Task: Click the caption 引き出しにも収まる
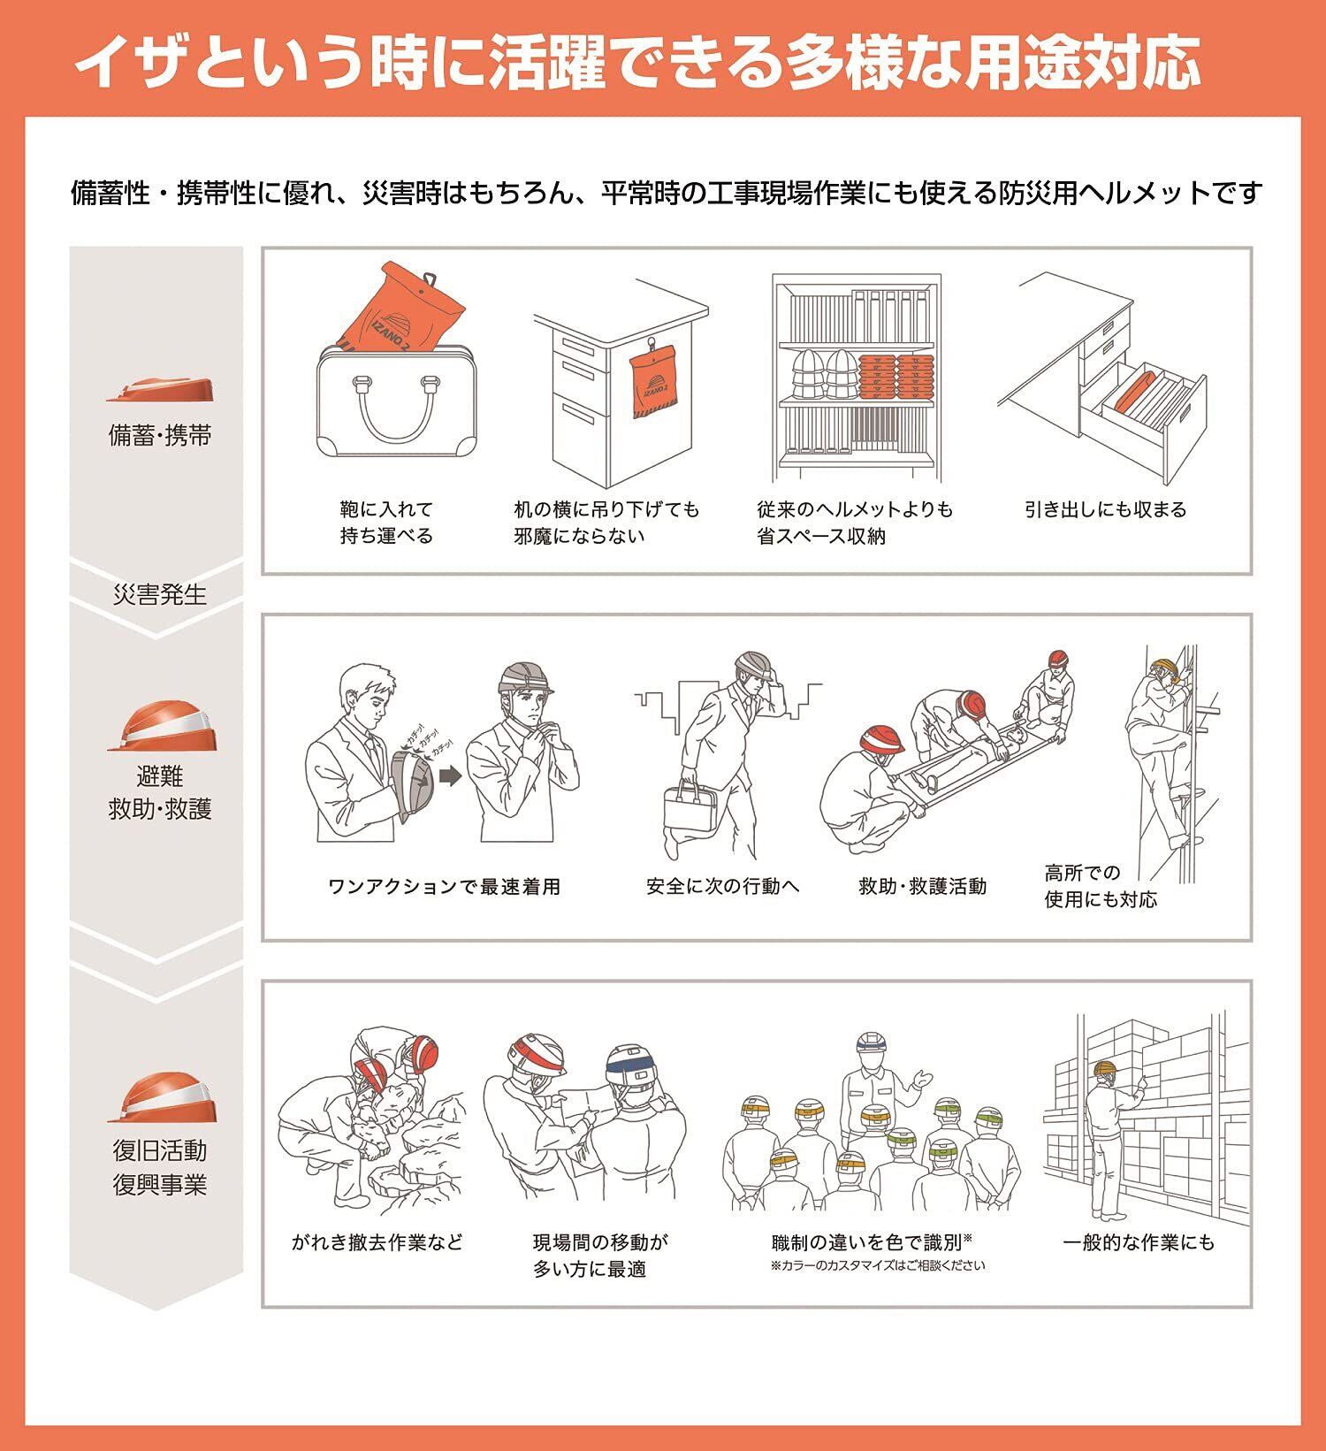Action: (1105, 509)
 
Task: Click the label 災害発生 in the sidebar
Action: (160, 594)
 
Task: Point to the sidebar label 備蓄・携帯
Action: (160, 435)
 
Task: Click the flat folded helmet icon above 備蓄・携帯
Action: (160, 390)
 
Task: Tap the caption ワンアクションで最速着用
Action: (445, 887)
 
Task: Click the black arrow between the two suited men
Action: (450, 776)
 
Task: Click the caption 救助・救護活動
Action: (922, 886)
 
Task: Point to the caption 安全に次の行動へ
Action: (722, 886)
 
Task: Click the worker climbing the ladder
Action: (1161, 752)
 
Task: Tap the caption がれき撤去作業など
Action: (377, 1242)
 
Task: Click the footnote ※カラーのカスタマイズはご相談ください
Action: (878, 1265)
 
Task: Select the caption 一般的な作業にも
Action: (1139, 1242)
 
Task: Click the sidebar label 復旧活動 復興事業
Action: (160, 1167)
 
